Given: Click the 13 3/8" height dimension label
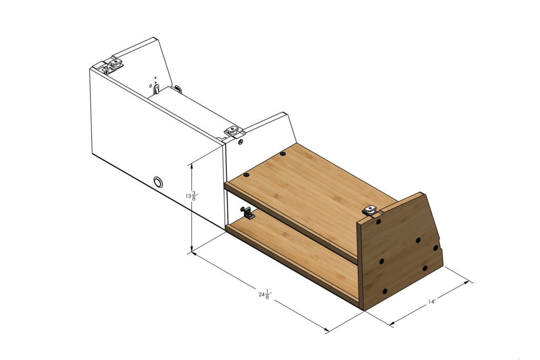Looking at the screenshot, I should point(190,196).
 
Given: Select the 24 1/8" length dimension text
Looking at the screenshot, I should point(265,294).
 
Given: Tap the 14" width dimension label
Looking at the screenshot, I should point(432,302).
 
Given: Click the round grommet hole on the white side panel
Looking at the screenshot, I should point(158,182).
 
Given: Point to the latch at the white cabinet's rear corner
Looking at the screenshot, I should point(115,64).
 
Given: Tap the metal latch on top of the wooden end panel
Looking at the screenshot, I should point(372,210).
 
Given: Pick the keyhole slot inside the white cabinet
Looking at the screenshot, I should point(156,89).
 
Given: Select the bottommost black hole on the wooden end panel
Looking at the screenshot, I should point(384,291).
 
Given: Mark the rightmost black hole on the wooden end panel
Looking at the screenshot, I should point(436,247).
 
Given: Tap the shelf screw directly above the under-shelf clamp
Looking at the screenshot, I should point(245,174).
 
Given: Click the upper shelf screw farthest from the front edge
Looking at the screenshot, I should point(283,154).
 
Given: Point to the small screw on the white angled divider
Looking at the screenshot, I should point(240,142).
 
